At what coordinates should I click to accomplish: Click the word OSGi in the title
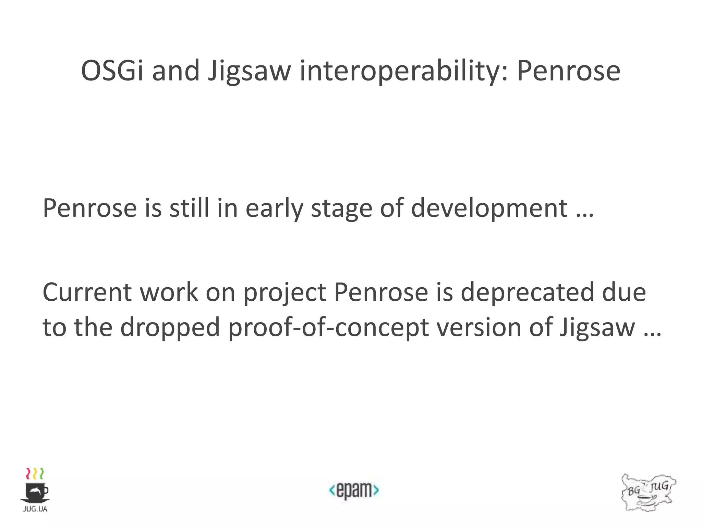coord(112,71)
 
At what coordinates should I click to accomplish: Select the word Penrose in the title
coord(568,71)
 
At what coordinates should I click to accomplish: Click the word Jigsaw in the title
coord(249,72)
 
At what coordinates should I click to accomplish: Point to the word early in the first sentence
coord(274,209)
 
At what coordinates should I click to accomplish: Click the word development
coord(489,209)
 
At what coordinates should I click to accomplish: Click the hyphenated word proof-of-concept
coord(328,328)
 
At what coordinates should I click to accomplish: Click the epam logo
coord(354,490)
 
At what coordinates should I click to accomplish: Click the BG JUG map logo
coord(648,492)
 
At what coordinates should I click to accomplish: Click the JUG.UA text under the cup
coord(35,509)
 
